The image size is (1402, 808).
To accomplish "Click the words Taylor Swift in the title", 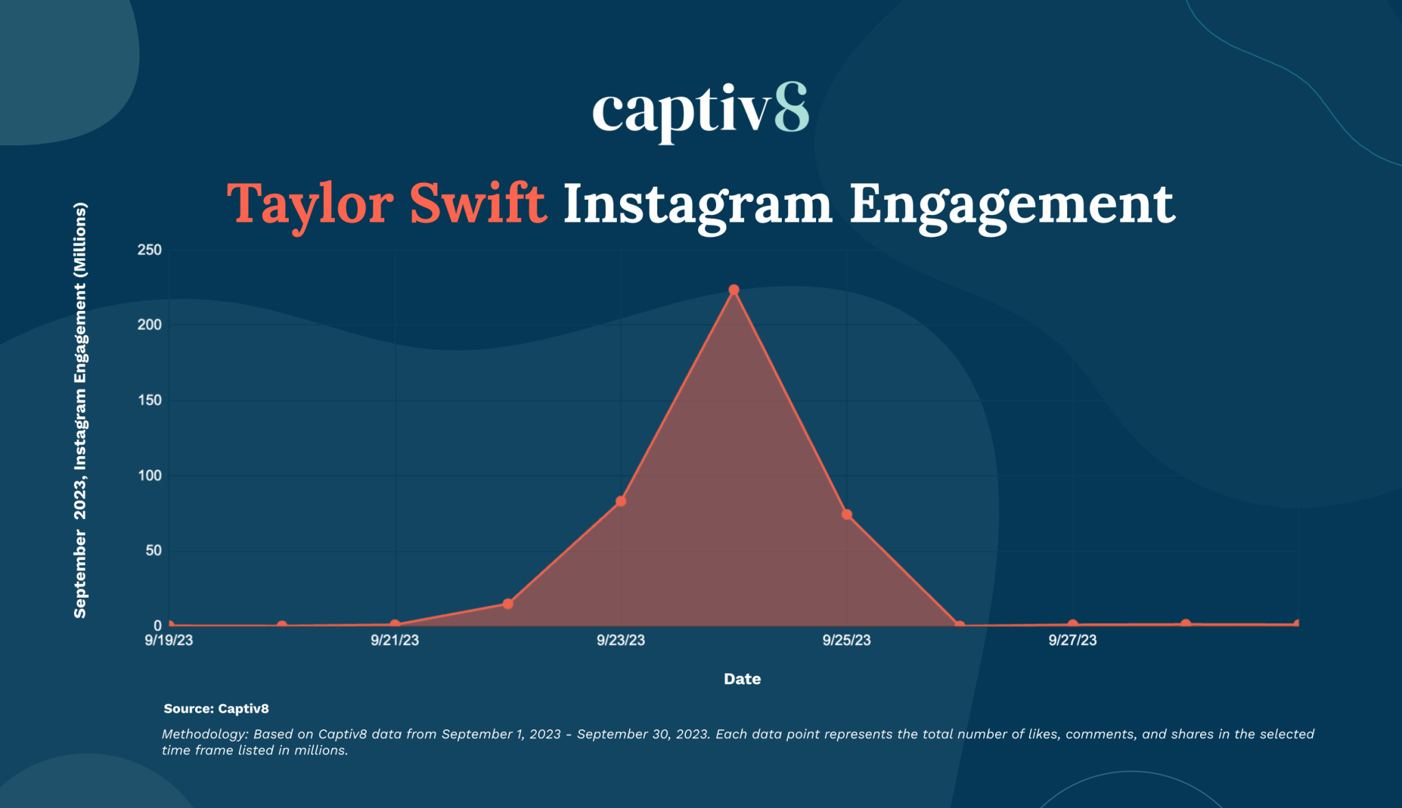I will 387,203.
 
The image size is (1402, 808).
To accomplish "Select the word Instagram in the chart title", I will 697,204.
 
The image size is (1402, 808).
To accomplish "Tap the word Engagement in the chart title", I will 1012,204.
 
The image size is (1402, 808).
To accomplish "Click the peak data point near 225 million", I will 734,290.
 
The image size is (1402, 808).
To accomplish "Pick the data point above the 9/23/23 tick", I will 621,501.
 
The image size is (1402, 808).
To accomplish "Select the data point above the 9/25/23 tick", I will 847,514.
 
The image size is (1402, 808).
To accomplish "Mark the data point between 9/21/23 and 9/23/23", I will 508,604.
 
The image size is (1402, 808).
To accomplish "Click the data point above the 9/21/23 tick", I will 395,624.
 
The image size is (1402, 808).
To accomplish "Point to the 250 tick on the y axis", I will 149,250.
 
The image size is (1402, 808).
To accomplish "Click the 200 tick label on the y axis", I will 149,325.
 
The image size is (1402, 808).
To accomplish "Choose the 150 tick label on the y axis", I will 149,400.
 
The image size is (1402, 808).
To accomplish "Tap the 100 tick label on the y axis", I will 149,475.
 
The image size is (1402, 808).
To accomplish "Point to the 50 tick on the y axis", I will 153,551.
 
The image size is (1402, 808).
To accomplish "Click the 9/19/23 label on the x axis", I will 168,640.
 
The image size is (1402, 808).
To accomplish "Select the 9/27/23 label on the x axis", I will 1072,640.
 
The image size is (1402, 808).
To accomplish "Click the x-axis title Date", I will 742,679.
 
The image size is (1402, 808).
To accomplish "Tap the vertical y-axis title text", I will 80,411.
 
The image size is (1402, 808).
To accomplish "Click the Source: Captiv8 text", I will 216,709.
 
